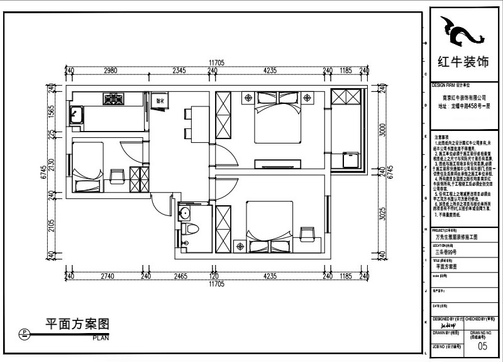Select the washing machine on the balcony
coord(351,159)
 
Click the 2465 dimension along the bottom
coord(180,276)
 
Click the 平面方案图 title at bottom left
coord(77,324)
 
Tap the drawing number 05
coord(482,346)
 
